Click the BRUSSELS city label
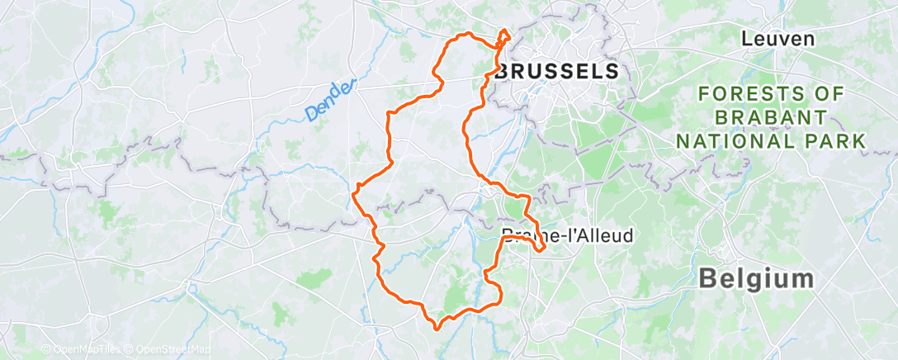tap(557, 71)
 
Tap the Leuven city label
tap(777, 39)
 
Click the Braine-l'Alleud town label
tap(567, 235)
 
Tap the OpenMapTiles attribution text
tap(86, 349)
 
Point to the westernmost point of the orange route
tap(353, 194)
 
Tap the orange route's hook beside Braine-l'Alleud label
tap(541, 246)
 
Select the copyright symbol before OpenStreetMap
tap(130, 349)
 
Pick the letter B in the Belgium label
tap(707, 278)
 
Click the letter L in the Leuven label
tap(747, 39)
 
